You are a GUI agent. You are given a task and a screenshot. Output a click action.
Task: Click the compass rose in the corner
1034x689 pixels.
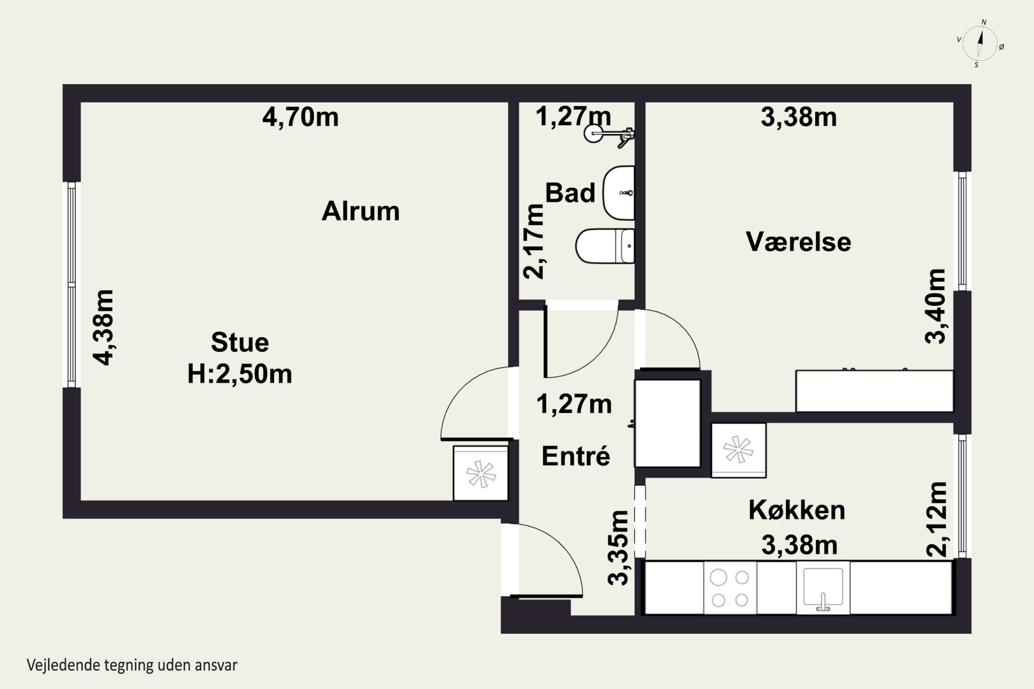coord(980,43)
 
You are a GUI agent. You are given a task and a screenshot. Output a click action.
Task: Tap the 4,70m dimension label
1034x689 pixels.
coord(300,117)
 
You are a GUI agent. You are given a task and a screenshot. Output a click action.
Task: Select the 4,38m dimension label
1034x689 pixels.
coord(103,327)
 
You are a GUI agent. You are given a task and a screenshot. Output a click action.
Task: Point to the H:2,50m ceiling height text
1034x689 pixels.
coord(240,374)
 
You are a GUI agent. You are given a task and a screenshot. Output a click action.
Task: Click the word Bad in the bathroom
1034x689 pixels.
coord(570,193)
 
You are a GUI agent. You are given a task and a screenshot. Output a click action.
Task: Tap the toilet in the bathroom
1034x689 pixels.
coord(605,246)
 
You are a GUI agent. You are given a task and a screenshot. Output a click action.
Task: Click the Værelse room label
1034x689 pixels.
coord(798,242)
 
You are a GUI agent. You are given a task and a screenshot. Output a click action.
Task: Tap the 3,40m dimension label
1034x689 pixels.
coord(935,306)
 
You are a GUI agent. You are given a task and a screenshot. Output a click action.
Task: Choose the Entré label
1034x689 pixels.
coord(576,456)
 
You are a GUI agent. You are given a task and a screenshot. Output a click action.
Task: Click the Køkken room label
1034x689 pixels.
coord(797,510)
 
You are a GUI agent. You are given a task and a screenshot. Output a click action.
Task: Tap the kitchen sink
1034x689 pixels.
coord(823,588)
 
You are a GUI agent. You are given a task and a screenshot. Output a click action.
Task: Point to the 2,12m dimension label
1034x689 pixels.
coord(936,520)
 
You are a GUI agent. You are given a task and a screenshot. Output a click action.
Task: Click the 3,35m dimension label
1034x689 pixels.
coord(618,548)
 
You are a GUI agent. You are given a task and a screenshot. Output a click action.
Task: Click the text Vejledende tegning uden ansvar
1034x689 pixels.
coord(132,665)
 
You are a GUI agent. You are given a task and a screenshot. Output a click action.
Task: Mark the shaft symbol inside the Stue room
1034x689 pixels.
coord(481,473)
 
